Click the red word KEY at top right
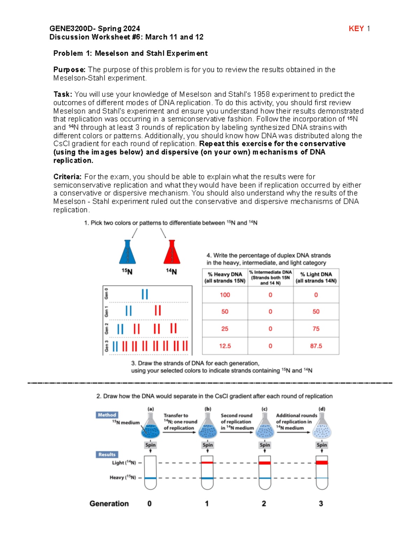click(356, 29)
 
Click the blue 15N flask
click(127, 252)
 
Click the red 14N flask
click(171, 252)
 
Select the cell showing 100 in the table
click(225, 295)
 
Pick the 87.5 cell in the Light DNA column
click(316, 346)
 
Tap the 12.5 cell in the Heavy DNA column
click(225, 346)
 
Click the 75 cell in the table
click(316, 329)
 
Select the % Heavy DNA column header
click(225, 278)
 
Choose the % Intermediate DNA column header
click(270, 278)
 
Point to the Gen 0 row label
click(106, 294)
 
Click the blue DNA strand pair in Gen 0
click(145, 294)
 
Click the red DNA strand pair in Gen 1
click(158, 310)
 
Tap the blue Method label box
click(107, 415)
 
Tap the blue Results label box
click(107, 455)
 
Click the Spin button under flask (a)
click(150, 445)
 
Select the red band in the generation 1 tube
click(207, 463)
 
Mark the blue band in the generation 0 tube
click(150, 478)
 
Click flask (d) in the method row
click(322, 427)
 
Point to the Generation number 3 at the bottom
click(321, 503)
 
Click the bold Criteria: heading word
click(67, 177)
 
